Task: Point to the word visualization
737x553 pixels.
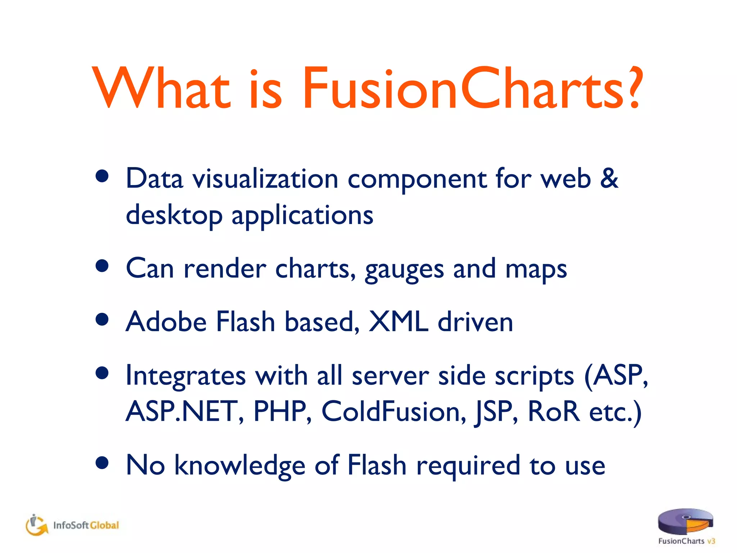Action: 265,179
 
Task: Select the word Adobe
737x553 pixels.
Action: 166,322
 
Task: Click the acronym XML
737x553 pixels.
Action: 399,322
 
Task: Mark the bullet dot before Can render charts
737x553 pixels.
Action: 103,266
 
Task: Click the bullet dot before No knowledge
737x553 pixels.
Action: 103,463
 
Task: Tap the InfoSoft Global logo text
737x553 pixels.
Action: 86,525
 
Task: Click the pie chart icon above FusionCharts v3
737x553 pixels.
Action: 685,521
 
